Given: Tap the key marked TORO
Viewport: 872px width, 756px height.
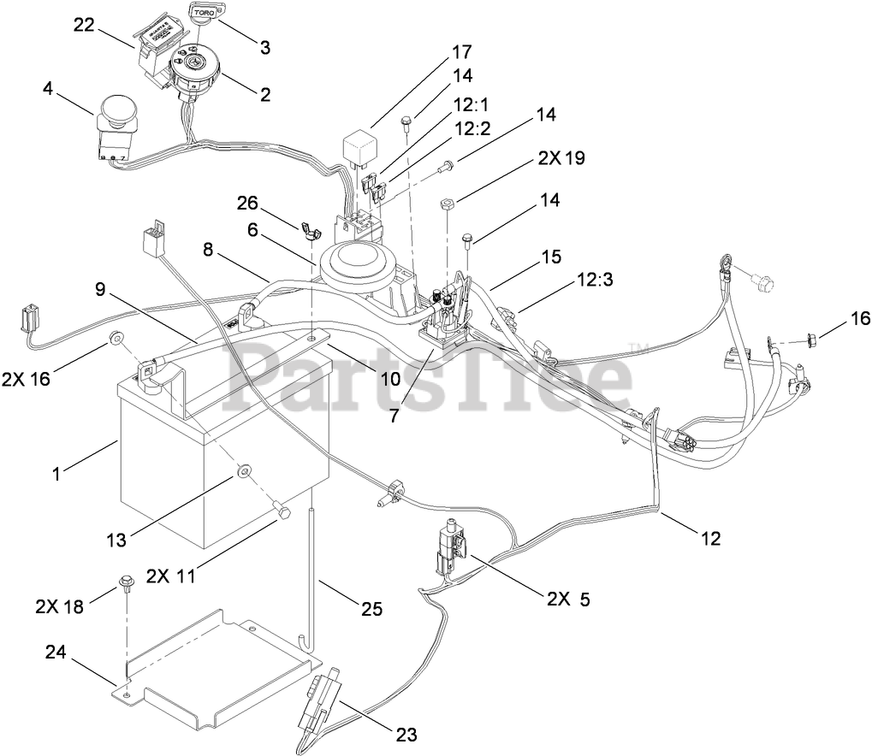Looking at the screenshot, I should [x=204, y=14].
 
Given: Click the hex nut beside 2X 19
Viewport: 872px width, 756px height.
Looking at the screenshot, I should [x=448, y=204].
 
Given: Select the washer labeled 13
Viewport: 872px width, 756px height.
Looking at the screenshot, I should [x=243, y=470].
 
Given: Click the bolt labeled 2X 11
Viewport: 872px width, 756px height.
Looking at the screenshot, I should [x=282, y=512].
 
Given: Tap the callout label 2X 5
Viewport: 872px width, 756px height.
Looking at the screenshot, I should [x=564, y=599].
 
